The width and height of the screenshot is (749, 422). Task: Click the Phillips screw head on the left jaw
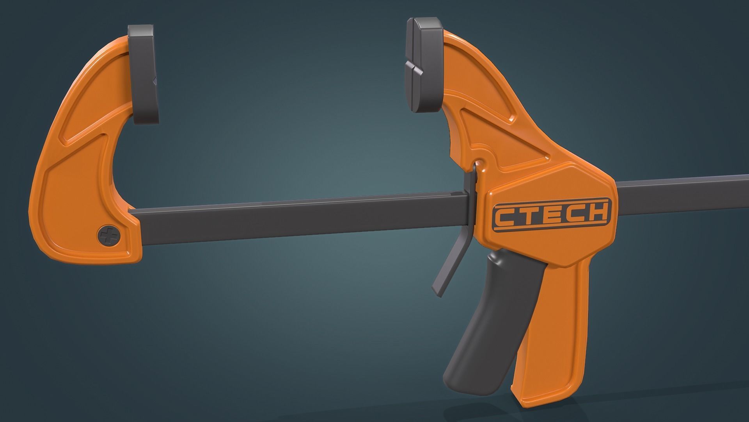[110, 236]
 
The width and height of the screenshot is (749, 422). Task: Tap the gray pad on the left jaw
[145, 74]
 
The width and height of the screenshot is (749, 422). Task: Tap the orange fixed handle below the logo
[554, 313]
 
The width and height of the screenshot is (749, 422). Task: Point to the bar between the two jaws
[296, 215]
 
